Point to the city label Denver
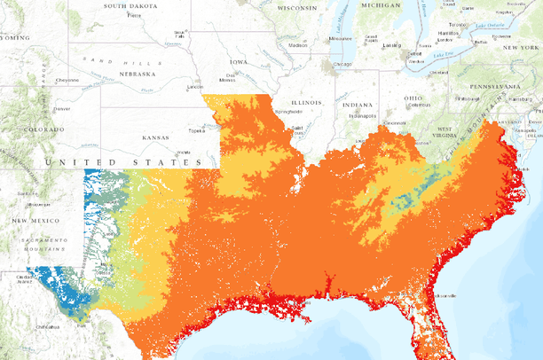pos(61,109)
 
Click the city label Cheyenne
pos(68,80)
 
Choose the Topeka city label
pos(197,130)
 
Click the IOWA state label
pos(239,63)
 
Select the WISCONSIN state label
pos(296,8)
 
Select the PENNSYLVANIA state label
pos(486,89)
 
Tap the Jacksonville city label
pos(443,295)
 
